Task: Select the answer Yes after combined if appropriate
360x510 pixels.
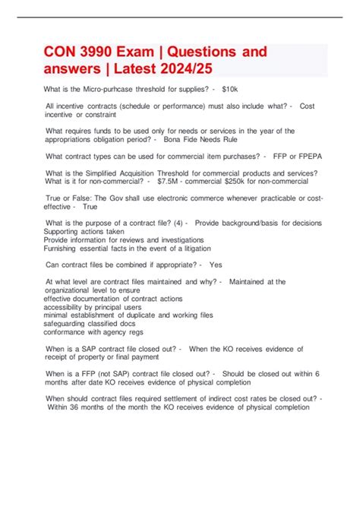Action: (216, 265)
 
